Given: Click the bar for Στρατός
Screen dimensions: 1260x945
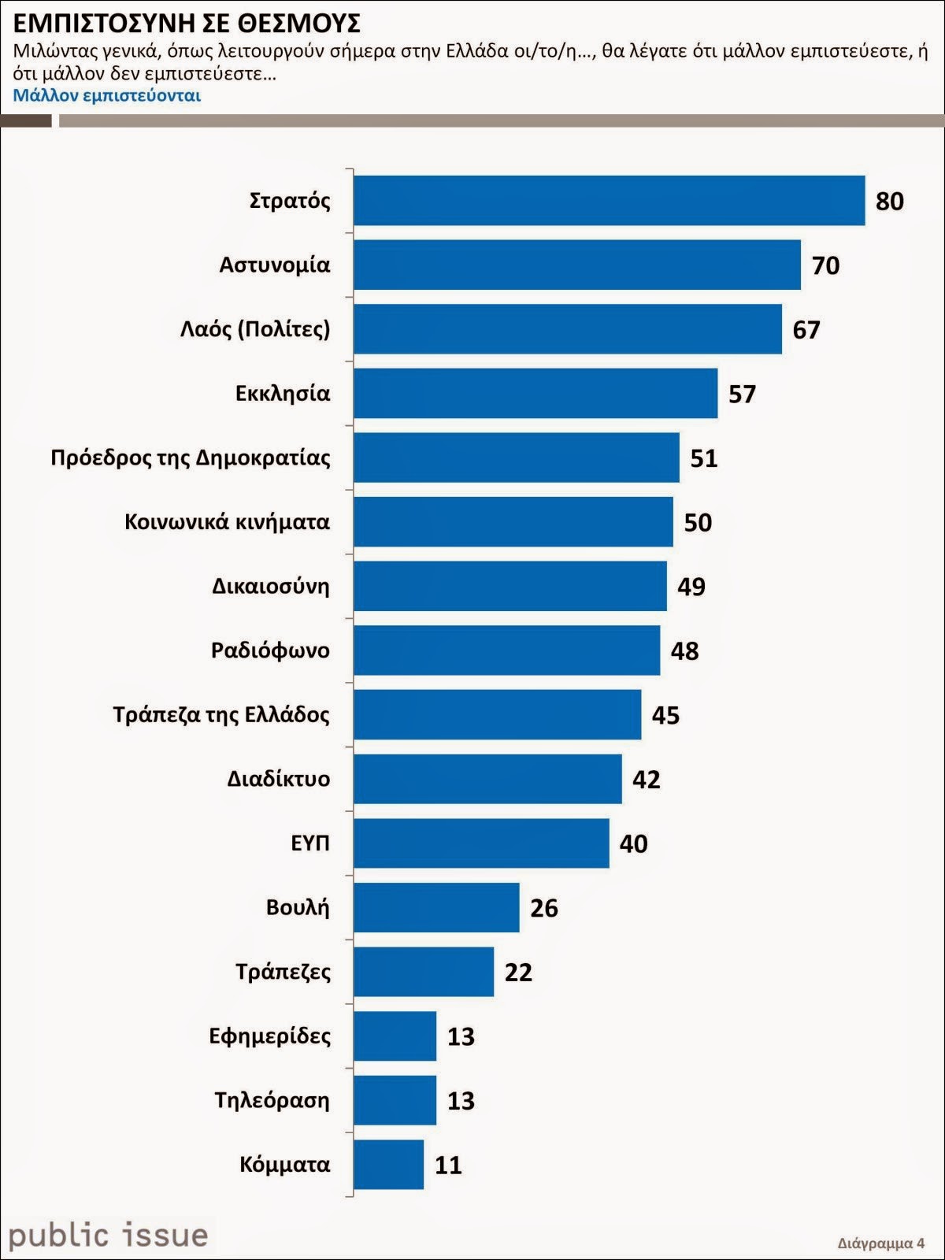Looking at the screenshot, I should click(x=609, y=201).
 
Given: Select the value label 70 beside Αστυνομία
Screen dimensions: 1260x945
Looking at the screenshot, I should click(x=825, y=265).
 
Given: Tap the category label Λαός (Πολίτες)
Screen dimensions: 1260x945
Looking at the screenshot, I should click(x=255, y=328).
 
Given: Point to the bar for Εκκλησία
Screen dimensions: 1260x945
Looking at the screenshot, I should click(x=535, y=393).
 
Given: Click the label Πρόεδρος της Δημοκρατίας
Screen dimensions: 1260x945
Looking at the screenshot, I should click(x=191, y=458).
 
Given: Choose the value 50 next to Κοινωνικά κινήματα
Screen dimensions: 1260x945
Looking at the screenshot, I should click(x=698, y=522).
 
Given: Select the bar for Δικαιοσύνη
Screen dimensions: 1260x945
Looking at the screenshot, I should click(x=510, y=586).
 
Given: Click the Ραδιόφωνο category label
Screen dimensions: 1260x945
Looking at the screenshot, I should click(x=270, y=650).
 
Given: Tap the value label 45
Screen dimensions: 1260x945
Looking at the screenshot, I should click(x=665, y=715).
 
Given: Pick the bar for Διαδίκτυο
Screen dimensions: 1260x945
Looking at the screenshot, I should click(x=487, y=779).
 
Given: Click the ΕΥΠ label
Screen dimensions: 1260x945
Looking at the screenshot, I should click(x=310, y=843).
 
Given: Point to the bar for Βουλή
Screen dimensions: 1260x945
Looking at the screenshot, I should click(x=436, y=907).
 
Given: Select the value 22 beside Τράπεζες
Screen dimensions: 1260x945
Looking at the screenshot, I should click(x=518, y=972).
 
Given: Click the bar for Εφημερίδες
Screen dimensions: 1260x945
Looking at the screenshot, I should click(x=395, y=1036).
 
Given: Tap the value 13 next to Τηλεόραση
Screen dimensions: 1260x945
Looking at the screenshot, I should click(x=461, y=1100).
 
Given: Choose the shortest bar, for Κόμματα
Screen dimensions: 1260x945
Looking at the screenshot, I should click(x=388, y=1164).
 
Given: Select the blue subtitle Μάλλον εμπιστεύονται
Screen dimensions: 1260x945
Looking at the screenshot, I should click(x=107, y=95).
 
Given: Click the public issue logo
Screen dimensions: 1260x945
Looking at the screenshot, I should click(x=108, y=1235).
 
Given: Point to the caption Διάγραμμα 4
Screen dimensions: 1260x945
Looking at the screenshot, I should click(x=880, y=1243).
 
